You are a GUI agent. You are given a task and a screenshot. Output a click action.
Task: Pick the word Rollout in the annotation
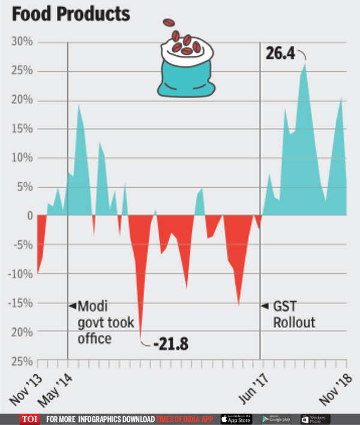click(x=294, y=323)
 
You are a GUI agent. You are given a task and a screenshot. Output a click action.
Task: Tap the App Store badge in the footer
click(x=236, y=418)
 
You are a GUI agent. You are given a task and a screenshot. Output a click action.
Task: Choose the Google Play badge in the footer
click(x=275, y=418)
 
